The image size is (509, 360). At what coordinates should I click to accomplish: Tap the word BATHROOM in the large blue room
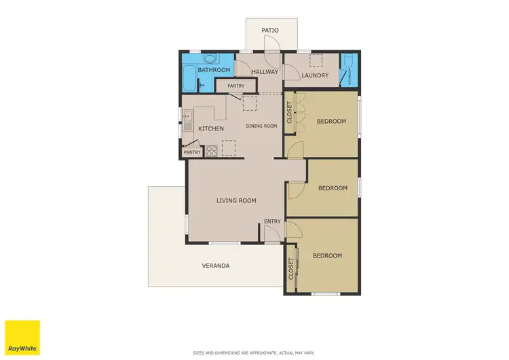[214, 70]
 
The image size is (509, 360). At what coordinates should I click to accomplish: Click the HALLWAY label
[265, 72]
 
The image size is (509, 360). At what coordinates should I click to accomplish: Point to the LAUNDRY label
[315, 75]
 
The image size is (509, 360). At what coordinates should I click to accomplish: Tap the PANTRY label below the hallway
[235, 86]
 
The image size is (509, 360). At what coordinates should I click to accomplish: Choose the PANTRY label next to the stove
[192, 152]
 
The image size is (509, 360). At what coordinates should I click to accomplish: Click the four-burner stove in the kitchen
[211, 151]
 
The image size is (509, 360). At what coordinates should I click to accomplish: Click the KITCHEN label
[211, 128]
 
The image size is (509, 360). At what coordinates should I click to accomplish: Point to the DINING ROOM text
[261, 126]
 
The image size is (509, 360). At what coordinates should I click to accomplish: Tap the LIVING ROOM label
[236, 200]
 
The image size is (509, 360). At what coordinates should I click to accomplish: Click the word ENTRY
[272, 221]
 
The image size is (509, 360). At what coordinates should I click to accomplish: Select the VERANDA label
[215, 266]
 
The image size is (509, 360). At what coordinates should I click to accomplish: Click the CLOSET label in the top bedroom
[290, 112]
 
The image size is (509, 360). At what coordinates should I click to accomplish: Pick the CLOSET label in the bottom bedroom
[291, 268]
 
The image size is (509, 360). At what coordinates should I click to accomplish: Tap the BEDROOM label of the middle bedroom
[333, 188]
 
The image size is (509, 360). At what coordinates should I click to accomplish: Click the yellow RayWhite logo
[22, 337]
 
